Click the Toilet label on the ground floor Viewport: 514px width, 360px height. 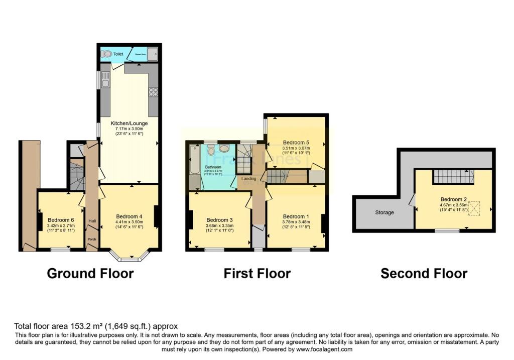(118, 54)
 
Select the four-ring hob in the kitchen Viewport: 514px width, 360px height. (153, 92)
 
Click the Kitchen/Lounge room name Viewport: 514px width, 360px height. (129, 123)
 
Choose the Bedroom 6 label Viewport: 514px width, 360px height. (61, 219)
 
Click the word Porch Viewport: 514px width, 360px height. (92, 239)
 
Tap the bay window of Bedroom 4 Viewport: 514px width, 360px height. (130, 258)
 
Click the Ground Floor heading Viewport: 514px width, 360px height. (90, 274)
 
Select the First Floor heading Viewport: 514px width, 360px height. (257, 274)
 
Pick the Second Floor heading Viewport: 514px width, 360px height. (424, 274)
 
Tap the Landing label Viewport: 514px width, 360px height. (248, 178)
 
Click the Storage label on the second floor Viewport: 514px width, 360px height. (384, 212)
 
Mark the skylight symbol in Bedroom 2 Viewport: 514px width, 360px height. (474, 208)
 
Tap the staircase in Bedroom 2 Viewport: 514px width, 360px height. (454, 177)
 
